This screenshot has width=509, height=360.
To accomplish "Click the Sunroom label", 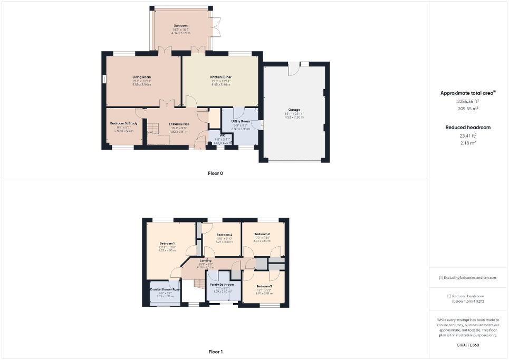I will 181,25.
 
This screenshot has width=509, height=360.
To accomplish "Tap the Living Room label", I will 142,77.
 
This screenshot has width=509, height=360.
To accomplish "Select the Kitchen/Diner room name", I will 220,77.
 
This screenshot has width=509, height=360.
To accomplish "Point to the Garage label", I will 294,110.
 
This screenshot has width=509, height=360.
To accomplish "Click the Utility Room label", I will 240,121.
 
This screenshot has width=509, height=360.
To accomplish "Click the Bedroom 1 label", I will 167,244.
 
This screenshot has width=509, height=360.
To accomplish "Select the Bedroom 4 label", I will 224,235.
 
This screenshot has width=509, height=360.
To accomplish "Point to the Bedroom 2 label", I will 262,234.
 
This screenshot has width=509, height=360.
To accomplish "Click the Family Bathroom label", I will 222,285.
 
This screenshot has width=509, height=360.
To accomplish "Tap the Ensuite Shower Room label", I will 165,289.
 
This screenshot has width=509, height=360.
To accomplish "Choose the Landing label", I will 206,260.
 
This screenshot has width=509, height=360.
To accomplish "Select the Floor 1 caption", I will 215,351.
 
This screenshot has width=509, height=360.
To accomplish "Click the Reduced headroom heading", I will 468,128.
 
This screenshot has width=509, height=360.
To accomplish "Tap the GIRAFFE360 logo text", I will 468,344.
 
